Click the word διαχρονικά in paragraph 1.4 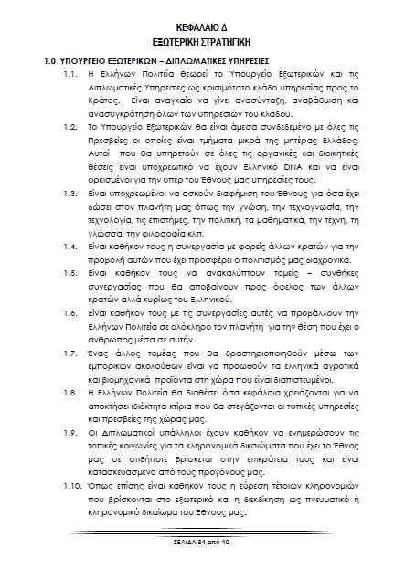click(x=307, y=259)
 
